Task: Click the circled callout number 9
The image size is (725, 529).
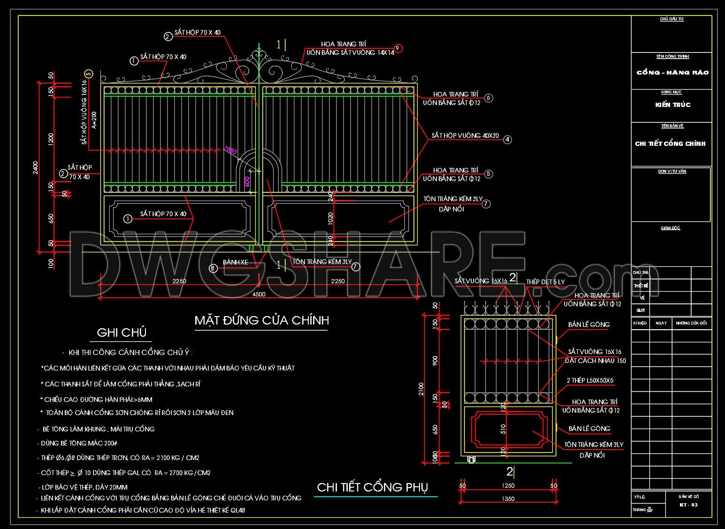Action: [398, 48]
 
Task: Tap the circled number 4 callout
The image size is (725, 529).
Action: [507, 139]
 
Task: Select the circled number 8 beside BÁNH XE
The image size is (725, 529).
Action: [214, 268]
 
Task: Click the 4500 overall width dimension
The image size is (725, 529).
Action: [259, 294]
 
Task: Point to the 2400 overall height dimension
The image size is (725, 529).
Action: [36, 167]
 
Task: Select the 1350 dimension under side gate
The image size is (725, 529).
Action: [508, 499]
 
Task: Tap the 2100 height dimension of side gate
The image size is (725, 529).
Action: [421, 389]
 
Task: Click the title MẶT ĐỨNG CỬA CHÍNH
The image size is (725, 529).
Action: [261, 320]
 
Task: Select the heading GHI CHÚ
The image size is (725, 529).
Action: [122, 333]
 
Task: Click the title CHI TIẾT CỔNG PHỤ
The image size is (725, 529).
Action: [373, 487]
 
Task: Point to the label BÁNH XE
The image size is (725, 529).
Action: [235, 263]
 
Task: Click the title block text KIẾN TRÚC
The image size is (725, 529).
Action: [673, 105]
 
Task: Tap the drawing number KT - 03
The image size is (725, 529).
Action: [688, 505]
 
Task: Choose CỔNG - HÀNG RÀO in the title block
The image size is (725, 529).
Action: [672, 73]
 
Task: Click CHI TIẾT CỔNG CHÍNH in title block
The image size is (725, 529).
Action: [670, 144]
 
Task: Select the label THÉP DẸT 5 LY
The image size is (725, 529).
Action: [545, 282]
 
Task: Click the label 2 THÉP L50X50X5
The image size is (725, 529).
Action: [590, 380]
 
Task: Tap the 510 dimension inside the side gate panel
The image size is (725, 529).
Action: [503, 429]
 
